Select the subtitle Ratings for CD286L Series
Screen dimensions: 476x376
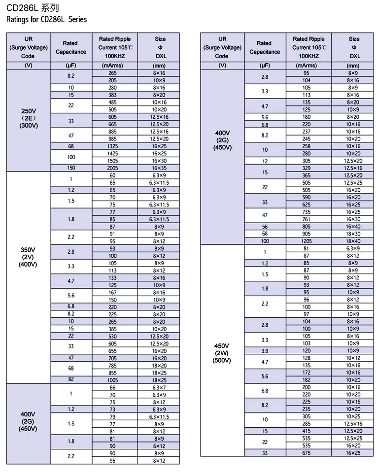46,20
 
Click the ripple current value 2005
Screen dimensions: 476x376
113,168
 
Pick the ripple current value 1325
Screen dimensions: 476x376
113,146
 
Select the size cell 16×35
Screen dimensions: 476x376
159,168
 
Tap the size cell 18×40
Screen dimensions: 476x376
353,241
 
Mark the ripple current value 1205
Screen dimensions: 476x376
307,241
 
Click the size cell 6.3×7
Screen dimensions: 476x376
159,388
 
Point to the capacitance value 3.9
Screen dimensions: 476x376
265,350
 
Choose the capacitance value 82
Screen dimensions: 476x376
71,380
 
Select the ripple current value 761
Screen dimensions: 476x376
307,219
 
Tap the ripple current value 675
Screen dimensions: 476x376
307,453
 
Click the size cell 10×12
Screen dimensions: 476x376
353,358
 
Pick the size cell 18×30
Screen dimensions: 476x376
353,234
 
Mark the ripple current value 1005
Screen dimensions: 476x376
113,380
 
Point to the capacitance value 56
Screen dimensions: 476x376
265,227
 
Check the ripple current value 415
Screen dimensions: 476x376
307,431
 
